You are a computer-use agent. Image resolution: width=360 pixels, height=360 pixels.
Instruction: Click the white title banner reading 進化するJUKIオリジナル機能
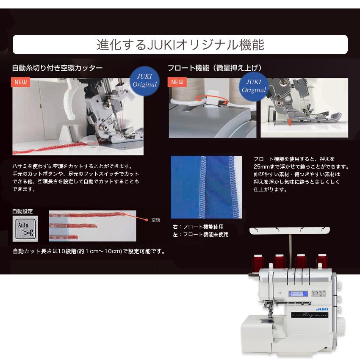click(x=180, y=44)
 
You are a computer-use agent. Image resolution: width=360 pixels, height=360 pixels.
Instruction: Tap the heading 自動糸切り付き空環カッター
click(x=57, y=68)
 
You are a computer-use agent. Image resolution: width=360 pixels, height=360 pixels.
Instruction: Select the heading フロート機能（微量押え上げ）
click(x=215, y=68)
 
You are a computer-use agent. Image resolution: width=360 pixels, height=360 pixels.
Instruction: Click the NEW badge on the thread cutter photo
click(x=20, y=82)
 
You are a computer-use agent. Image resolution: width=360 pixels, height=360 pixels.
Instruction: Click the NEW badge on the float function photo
click(x=177, y=82)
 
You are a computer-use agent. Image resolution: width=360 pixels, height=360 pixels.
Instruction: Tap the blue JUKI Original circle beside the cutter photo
click(x=145, y=81)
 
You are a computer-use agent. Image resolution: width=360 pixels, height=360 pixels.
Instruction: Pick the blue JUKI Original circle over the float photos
click(x=254, y=86)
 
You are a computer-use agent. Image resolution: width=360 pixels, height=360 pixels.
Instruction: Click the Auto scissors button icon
click(x=25, y=229)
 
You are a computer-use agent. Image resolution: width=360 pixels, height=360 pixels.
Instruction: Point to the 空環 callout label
click(x=156, y=220)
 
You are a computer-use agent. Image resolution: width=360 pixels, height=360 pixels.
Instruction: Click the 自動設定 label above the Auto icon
click(x=22, y=211)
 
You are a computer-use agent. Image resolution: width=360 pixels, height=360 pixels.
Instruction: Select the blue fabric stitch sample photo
click(x=206, y=187)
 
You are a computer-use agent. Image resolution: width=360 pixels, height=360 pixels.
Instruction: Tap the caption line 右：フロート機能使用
click(x=198, y=227)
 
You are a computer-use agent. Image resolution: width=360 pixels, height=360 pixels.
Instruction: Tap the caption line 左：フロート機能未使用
click(x=201, y=234)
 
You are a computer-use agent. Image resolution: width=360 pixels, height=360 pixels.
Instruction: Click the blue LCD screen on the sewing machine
click(x=298, y=294)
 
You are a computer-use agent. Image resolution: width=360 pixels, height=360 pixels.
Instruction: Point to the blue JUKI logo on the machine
click(x=322, y=309)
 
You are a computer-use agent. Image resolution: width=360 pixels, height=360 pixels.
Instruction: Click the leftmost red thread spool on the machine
click(x=258, y=263)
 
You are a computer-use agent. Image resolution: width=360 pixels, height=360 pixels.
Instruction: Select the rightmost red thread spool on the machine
click(x=322, y=261)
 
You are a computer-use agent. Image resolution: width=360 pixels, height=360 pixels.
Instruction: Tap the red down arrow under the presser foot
click(x=290, y=122)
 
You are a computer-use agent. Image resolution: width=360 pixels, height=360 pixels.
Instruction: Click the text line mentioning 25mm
click(x=301, y=166)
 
